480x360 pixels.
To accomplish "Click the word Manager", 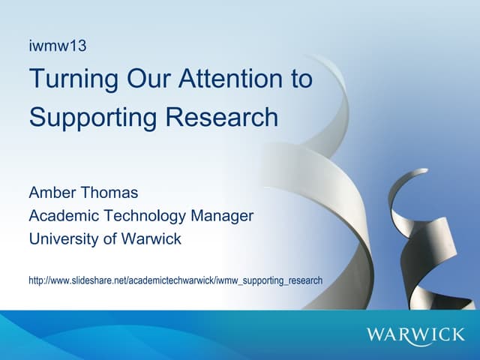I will pos(222,216).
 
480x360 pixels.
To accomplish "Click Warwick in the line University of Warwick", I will pos(154,240).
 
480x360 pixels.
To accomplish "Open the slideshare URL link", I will pos(175,280).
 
